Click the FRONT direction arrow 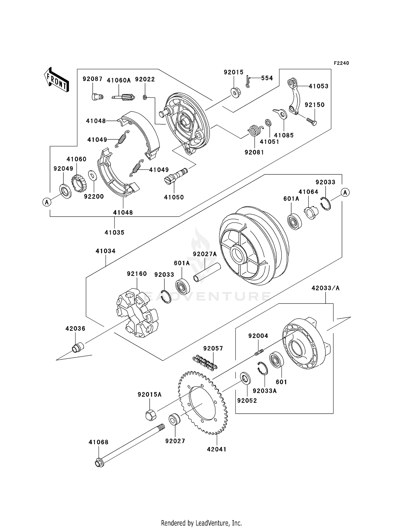coord(56,80)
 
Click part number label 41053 coord(318,86)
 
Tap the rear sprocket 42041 coord(203,403)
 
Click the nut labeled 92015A coord(151,415)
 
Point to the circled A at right coord(345,192)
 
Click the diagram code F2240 coord(341,63)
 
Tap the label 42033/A coord(325,288)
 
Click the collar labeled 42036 coord(78,347)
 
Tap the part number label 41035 coord(114,232)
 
